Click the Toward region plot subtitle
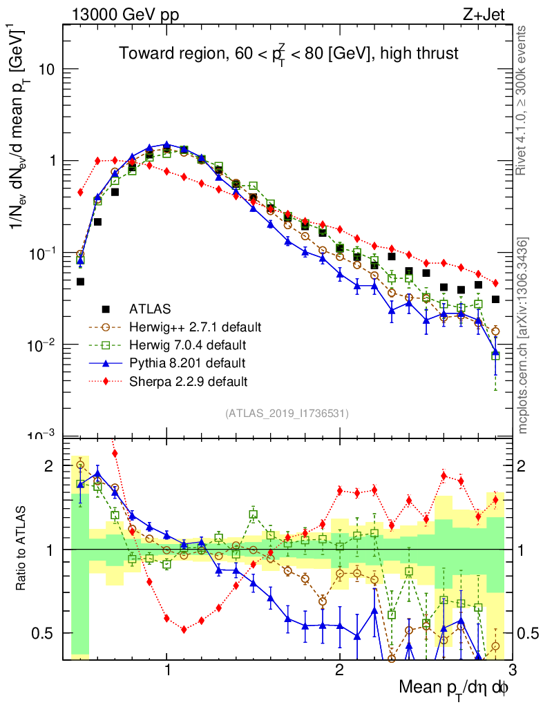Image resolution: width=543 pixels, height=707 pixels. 288,53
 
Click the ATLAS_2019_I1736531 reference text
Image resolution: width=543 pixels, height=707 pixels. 287,414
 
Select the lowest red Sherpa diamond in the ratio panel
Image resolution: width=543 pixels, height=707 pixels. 184,629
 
